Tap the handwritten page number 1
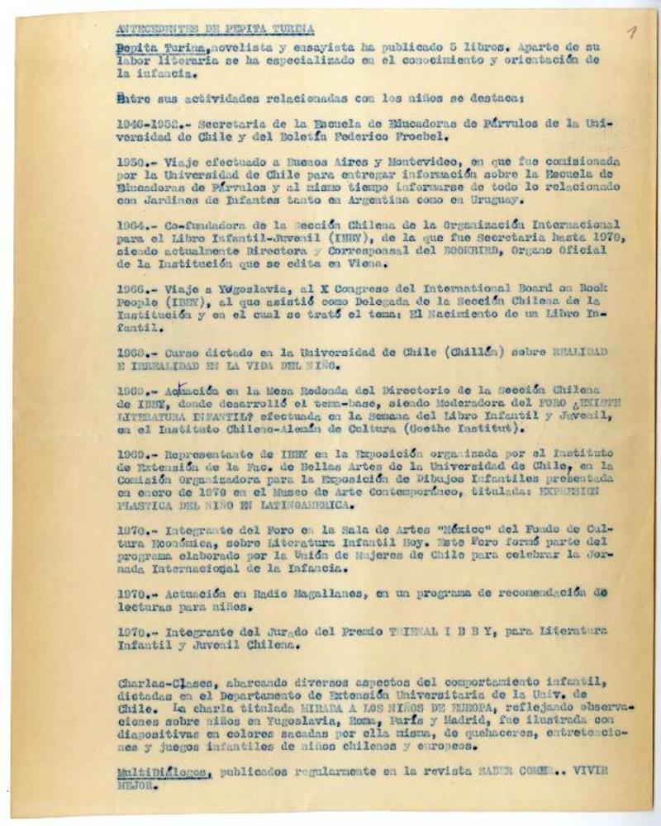tap(631, 33)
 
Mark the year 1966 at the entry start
tap(132, 288)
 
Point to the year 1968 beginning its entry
tap(132, 352)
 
